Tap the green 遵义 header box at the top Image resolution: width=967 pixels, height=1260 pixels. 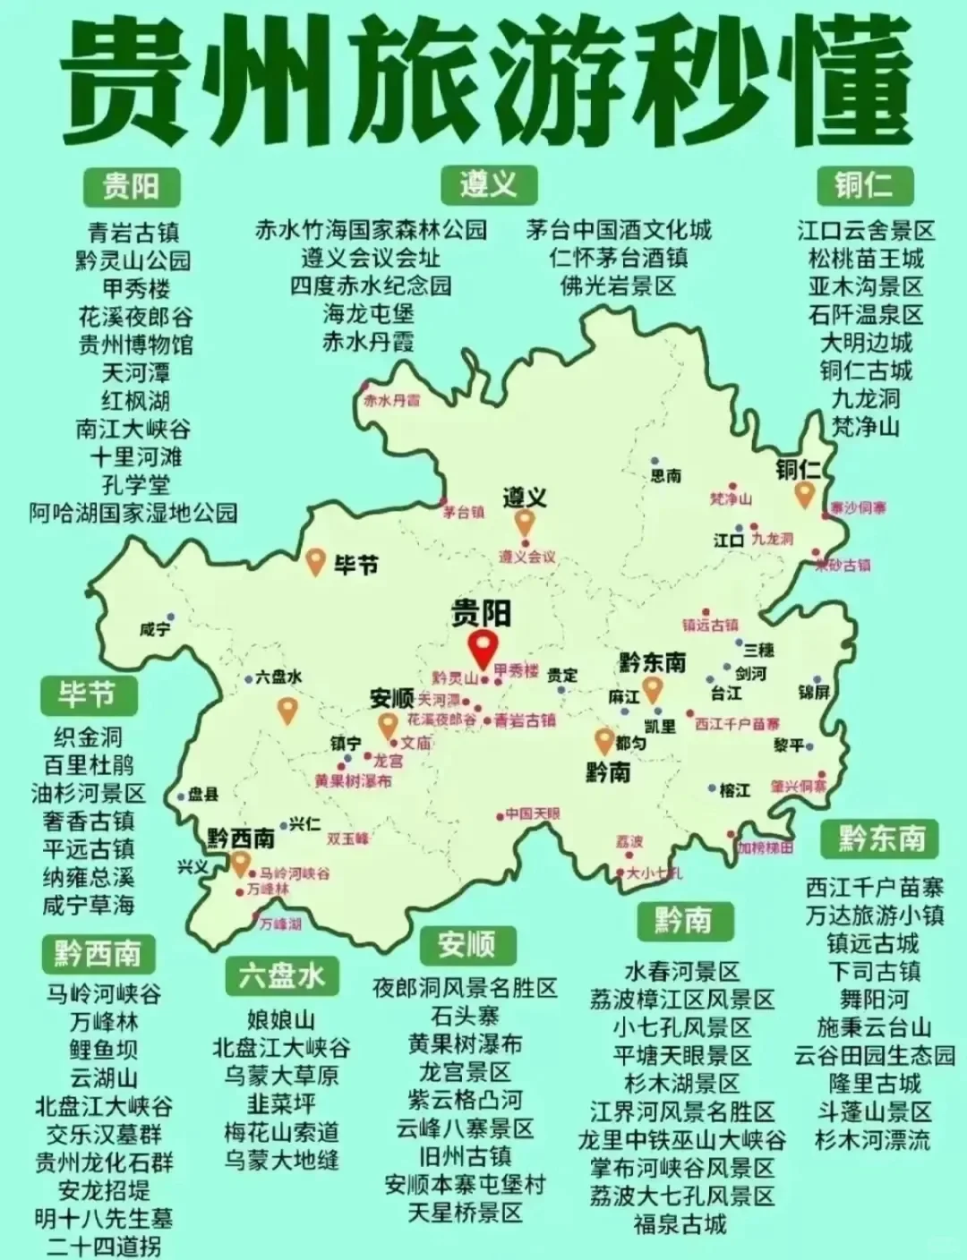click(488, 185)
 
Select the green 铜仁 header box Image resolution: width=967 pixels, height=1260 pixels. click(863, 185)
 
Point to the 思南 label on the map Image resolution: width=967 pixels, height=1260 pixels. click(665, 476)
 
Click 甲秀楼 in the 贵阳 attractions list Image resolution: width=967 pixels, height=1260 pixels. click(135, 289)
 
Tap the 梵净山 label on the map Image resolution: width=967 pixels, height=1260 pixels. click(731, 498)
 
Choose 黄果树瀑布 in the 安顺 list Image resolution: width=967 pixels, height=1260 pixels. click(465, 1044)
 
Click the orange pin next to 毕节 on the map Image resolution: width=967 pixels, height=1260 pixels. click(316, 562)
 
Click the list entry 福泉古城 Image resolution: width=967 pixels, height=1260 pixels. click(680, 1223)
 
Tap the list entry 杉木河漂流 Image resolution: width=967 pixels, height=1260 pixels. click(873, 1140)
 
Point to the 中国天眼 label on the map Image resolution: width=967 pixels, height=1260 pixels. click(533, 814)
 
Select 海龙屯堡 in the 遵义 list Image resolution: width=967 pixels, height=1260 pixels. click(369, 314)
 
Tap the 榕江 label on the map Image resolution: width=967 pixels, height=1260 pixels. click(734, 790)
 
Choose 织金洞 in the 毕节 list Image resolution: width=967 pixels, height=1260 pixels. click(88, 737)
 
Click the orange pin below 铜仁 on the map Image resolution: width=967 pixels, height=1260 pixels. click(805, 493)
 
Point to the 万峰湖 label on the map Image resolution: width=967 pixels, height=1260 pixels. click(280, 924)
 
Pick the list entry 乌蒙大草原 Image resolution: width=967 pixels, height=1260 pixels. click(281, 1077)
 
